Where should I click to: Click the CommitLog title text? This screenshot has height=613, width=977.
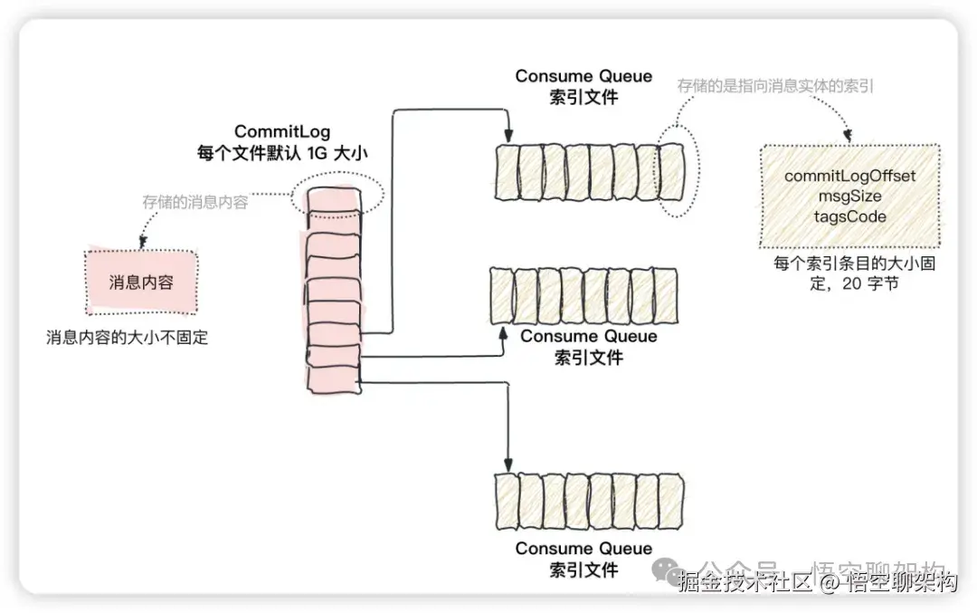tap(282, 132)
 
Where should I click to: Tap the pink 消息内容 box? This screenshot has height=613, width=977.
tap(140, 283)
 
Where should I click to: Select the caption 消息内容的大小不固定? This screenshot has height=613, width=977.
tap(128, 338)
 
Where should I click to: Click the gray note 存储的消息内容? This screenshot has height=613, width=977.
tap(194, 203)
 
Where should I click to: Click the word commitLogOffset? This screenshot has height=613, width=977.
tap(849, 176)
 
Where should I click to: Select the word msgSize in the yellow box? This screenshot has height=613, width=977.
tap(849, 196)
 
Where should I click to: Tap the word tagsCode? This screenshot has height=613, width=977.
tap(849, 216)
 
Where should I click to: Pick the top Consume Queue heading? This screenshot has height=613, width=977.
tap(583, 76)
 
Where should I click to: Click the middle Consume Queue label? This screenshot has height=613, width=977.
tap(589, 337)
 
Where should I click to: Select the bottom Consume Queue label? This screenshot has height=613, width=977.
tap(583, 549)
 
